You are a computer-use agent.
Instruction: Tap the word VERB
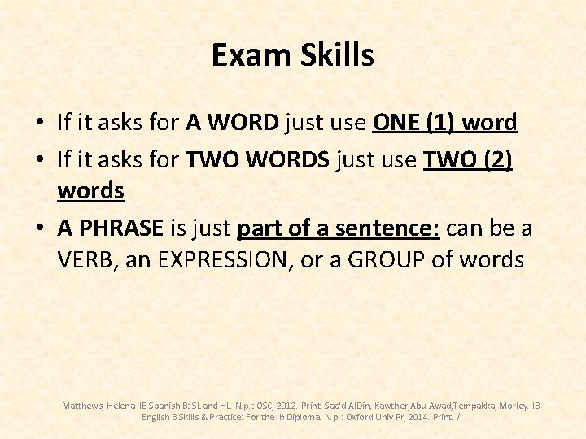click(x=85, y=260)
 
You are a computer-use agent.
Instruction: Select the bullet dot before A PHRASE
click(x=39, y=228)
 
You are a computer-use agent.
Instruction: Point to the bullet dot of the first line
click(x=39, y=124)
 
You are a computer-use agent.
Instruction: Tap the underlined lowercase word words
click(x=90, y=191)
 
